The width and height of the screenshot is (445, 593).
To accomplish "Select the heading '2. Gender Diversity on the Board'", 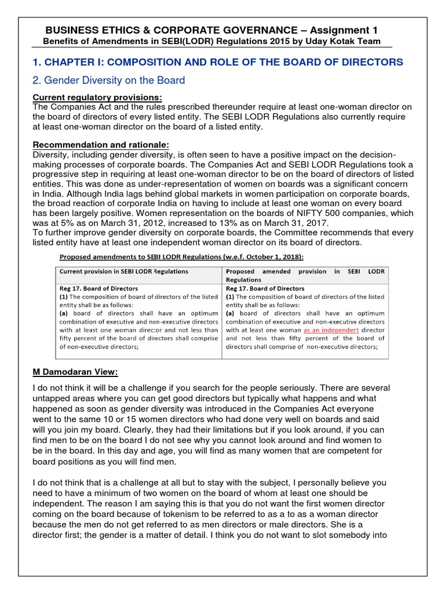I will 108,80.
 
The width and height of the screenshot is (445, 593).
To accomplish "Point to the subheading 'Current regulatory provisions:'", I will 97,97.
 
